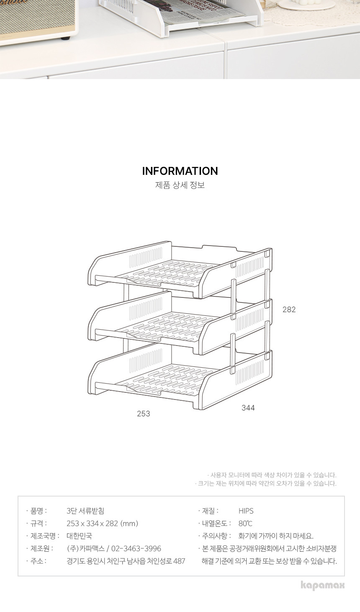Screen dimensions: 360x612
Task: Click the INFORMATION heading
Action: [180, 171]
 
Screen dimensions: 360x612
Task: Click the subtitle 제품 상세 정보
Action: [180, 185]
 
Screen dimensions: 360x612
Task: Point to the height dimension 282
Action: [289, 309]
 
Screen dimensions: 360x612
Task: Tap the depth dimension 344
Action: [248, 407]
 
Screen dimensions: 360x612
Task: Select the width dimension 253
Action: [144, 414]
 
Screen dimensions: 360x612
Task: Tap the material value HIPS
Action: [246, 511]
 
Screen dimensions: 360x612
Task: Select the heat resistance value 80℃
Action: [245, 523]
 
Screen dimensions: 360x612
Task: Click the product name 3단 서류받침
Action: [85, 511]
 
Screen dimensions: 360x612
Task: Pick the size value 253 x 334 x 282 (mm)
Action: [102, 523]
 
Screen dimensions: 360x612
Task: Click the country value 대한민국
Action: [79, 536]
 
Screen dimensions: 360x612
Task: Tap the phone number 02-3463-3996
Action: [136, 548]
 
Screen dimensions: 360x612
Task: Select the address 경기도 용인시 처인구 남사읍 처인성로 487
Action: [126, 561]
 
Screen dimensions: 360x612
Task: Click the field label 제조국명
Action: [45, 536]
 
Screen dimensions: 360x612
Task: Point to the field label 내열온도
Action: [216, 523]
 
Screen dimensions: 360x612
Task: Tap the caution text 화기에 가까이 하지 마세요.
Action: [276, 536]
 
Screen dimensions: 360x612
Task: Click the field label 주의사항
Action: [216, 536]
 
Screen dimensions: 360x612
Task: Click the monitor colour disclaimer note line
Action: [272, 475]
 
